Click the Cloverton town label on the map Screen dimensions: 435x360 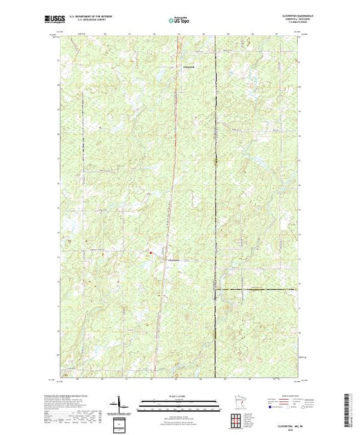(x=174, y=260)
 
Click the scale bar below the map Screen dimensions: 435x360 (x=179, y=404)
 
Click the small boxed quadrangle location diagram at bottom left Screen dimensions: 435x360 (x=120, y=423)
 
